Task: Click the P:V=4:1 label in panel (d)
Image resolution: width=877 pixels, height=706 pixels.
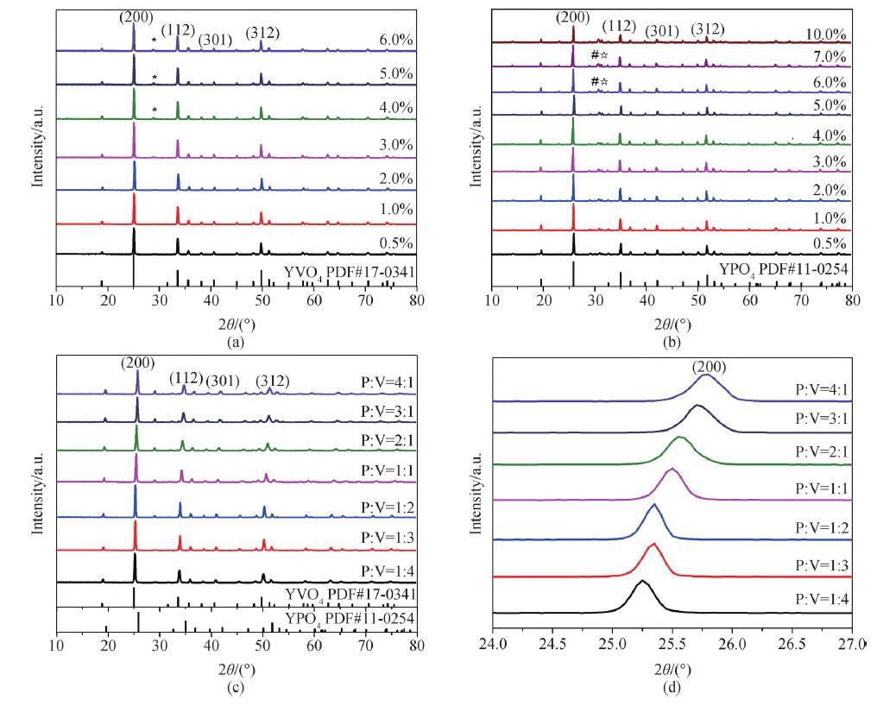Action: tap(820, 390)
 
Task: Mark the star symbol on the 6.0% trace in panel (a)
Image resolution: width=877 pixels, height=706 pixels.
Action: tap(155, 40)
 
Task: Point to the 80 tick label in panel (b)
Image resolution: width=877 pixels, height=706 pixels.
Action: tap(852, 299)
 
